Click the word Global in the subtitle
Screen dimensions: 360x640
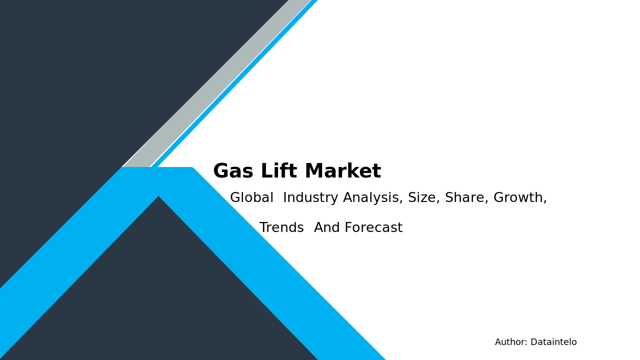(251, 198)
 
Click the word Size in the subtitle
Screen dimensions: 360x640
(422, 198)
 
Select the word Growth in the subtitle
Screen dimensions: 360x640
(520, 198)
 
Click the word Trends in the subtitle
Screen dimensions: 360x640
(281, 228)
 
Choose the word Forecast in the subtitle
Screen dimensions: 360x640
(373, 228)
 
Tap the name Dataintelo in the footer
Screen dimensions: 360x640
(553, 342)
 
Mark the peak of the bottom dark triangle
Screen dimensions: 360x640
(159, 198)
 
